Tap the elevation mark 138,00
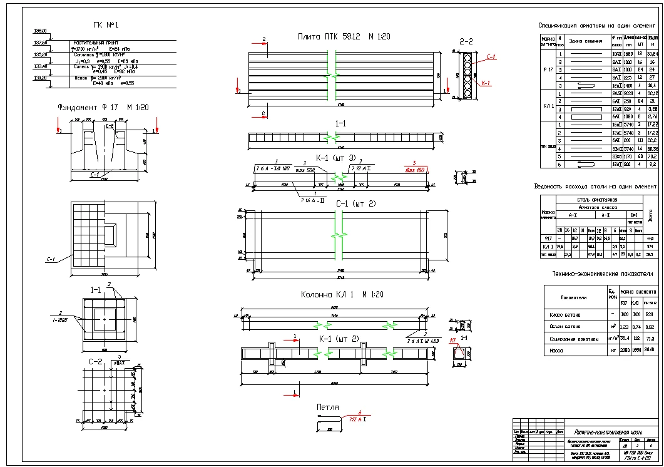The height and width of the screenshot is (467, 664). click(x=40, y=31)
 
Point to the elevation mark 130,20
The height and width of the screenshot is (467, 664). click(x=40, y=78)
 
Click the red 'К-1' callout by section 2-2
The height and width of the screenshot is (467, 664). click(x=486, y=83)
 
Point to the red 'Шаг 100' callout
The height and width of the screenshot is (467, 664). click(x=414, y=169)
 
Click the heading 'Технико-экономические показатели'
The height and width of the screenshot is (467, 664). click(x=593, y=274)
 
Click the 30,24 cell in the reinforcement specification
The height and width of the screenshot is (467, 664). click(x=653, y=54)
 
